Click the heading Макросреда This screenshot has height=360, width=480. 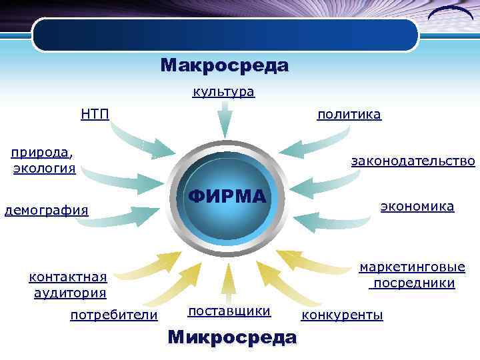224,66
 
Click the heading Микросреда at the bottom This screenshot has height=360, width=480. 232,337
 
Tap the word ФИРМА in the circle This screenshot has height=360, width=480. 227,197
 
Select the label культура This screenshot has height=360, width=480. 223,92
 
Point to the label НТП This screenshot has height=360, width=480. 95,114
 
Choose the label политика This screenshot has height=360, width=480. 349,115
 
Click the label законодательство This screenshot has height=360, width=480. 413,161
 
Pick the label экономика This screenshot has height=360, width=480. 417,207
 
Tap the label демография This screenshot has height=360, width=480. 47,211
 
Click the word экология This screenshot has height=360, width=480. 44,167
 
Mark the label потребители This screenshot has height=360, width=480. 114,315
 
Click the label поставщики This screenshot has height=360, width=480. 229,311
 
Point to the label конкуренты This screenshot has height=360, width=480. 343,315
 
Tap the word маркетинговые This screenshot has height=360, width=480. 412,267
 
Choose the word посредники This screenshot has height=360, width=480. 414,283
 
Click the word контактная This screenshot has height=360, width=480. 68,277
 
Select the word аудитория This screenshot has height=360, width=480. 70,293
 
